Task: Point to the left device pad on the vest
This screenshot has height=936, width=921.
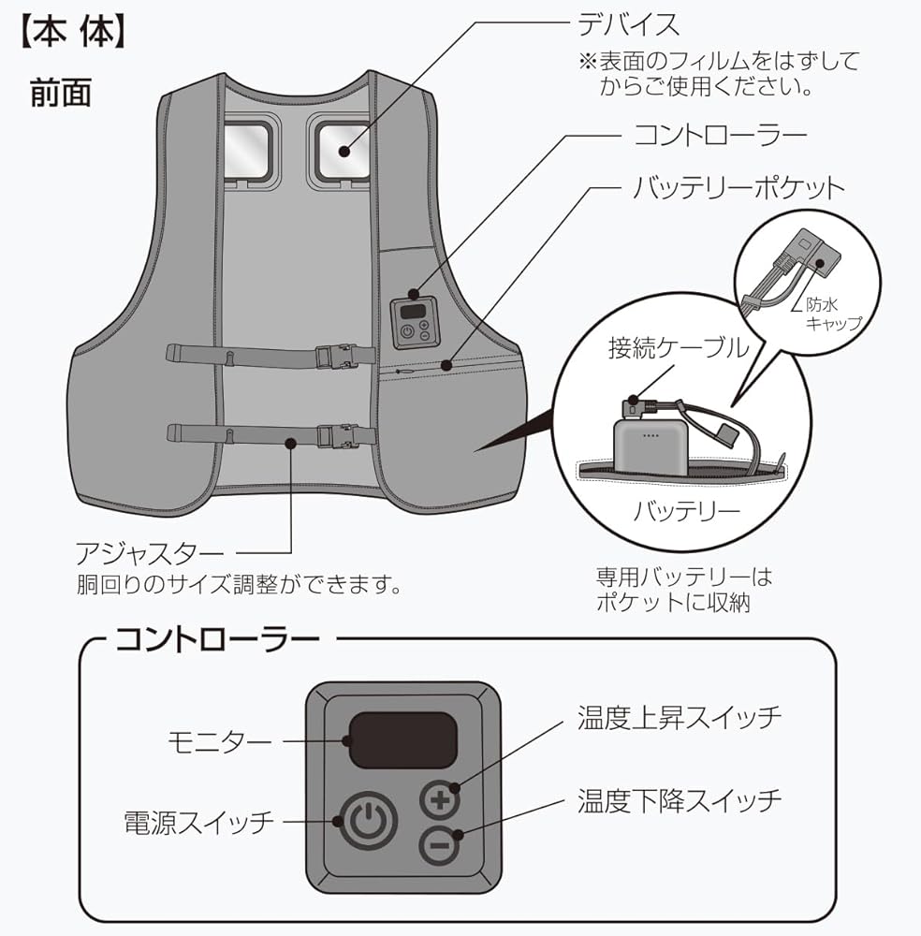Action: coord(250,148)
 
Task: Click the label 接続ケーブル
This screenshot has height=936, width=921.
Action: coord(679,348)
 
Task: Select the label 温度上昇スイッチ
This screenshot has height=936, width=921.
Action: coord(679,719)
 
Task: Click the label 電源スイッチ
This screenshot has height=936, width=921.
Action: coord(199,822)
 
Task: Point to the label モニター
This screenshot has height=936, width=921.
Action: coord(220,741)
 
